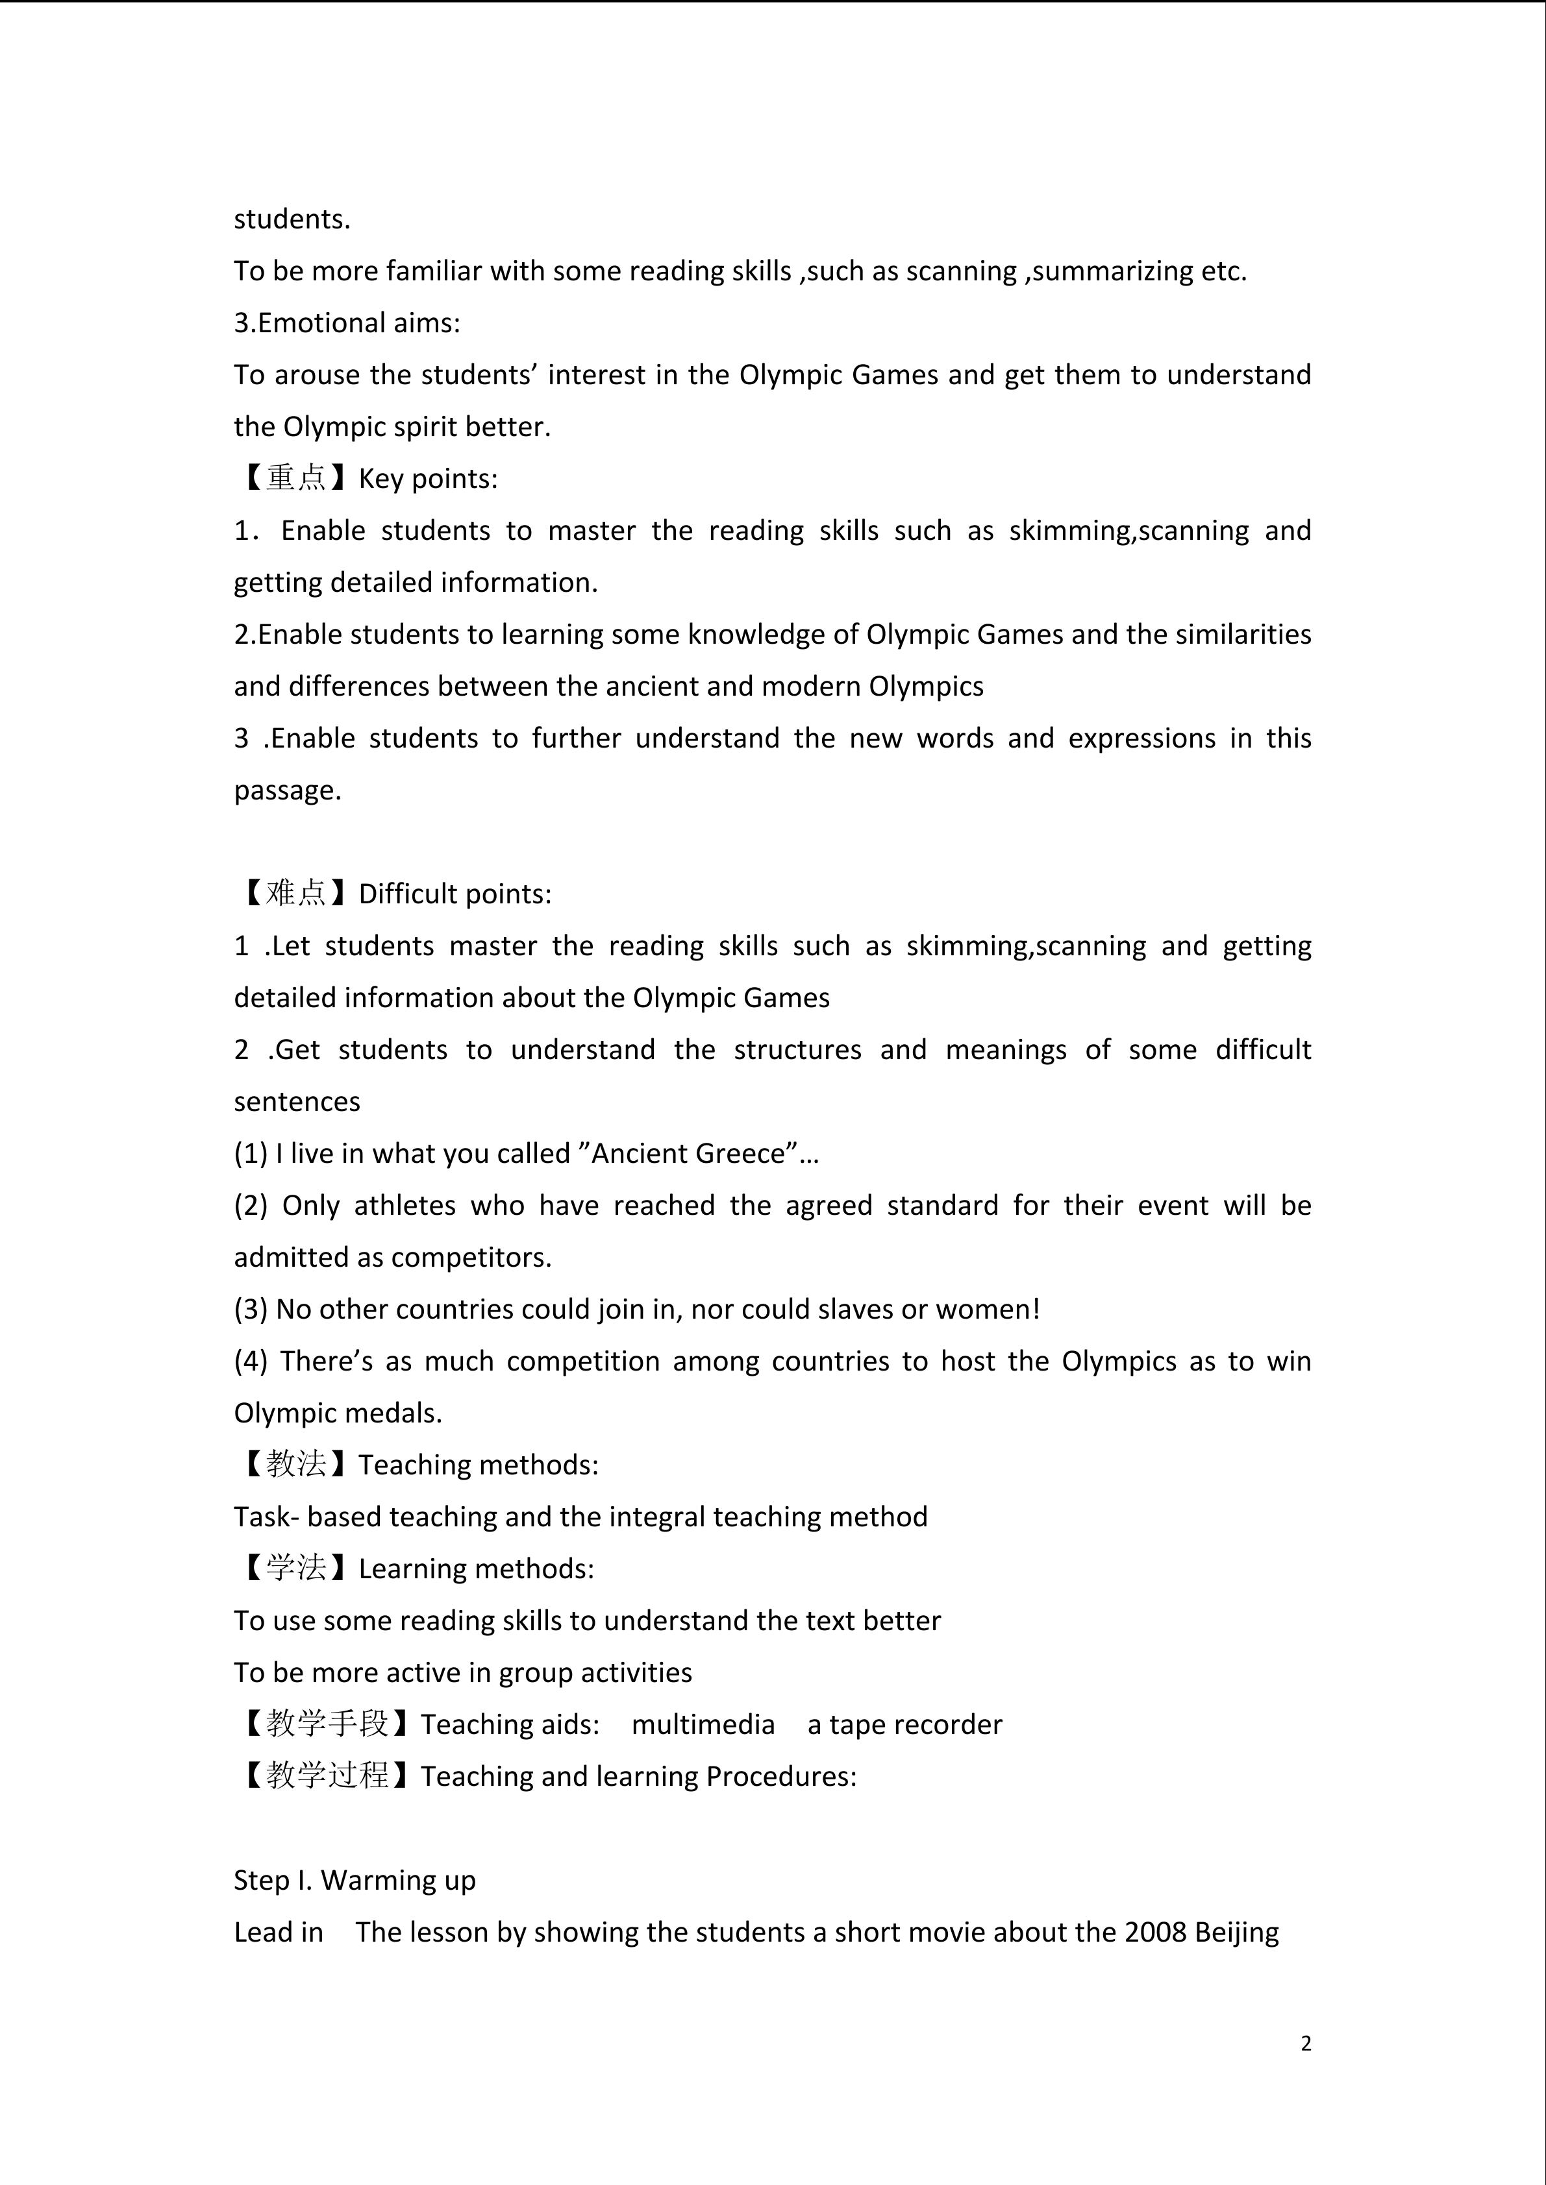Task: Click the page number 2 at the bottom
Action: (x=1305, y=2043)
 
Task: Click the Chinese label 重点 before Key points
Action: (x=296, y=478)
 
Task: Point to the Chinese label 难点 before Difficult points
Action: (x=296, y=893)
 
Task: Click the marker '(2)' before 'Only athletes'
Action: (x=251, y=1206)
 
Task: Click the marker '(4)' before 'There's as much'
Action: (x=251, y=1361)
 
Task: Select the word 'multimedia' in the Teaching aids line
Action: (x=703, y=1724)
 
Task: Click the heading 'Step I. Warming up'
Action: (x=354, y=1881)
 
